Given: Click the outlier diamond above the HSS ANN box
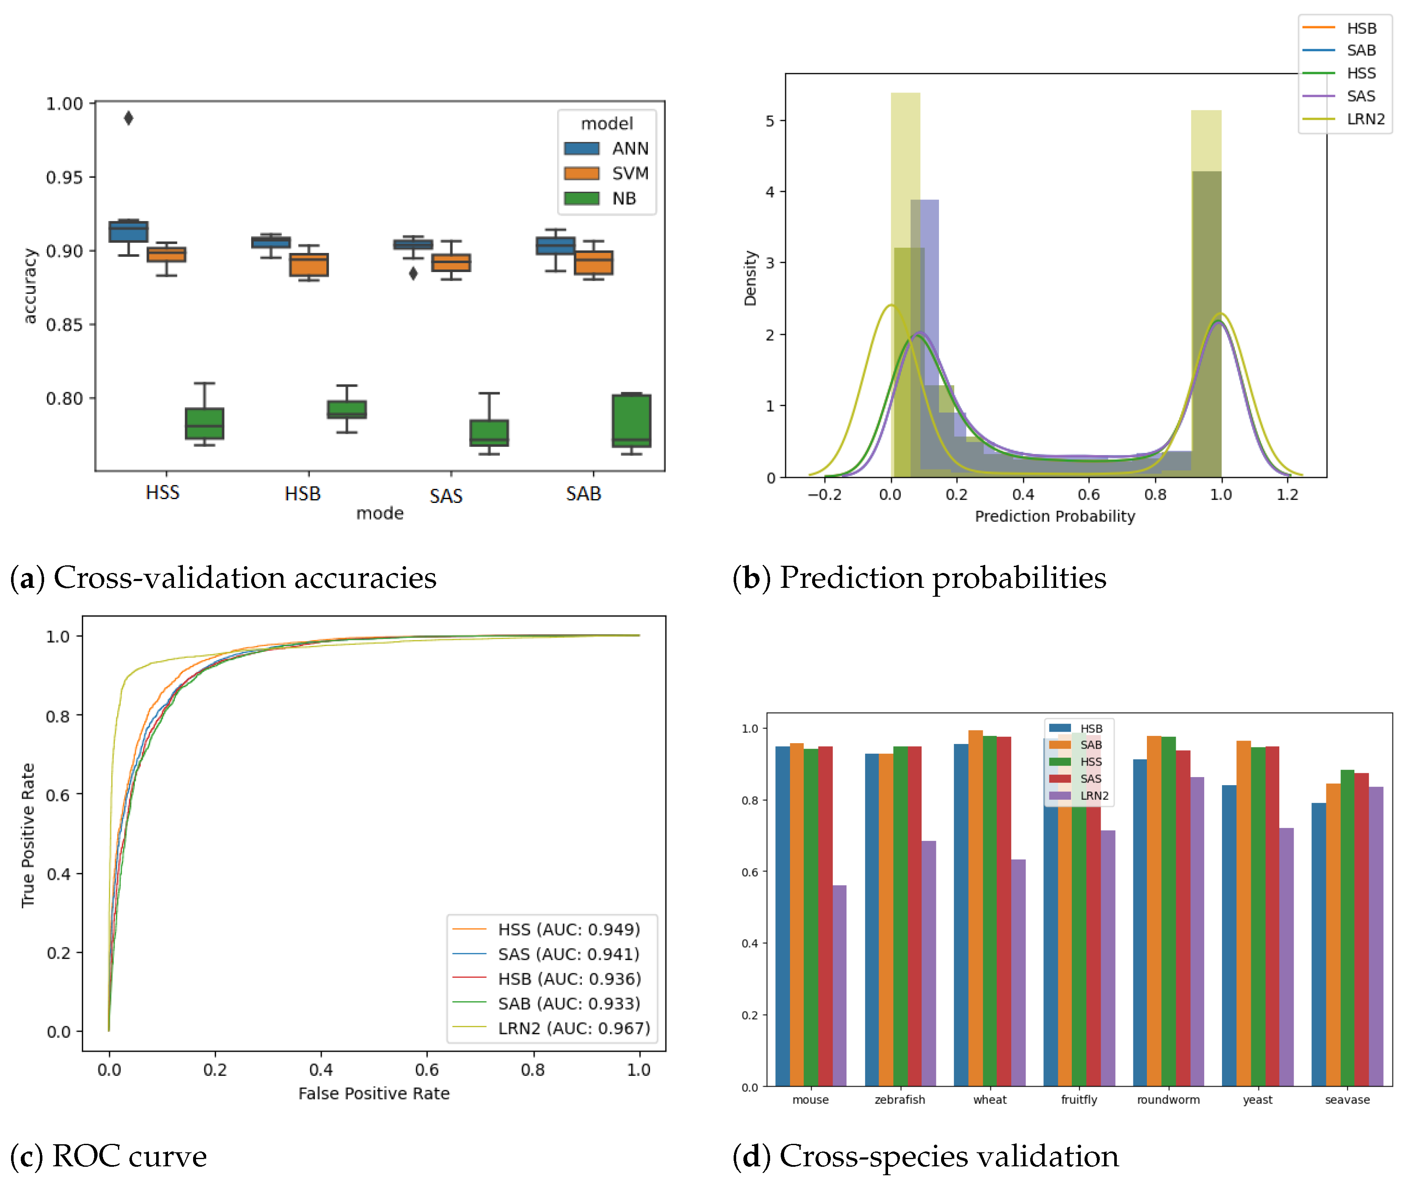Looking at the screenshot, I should [x=128, y=118].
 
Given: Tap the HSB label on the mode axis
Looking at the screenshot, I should [x=302, y=494].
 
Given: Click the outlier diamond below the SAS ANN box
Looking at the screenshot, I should [x=413, y=273].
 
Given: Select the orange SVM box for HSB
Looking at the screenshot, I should [x=308, y=265].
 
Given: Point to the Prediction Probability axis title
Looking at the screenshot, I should [x=1054, y=516].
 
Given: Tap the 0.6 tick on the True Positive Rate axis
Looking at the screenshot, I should [x=59, y=795].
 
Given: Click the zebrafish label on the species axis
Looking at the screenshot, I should [x=899, y=1100].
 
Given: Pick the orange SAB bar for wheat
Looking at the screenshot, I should [x=975, y=907].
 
